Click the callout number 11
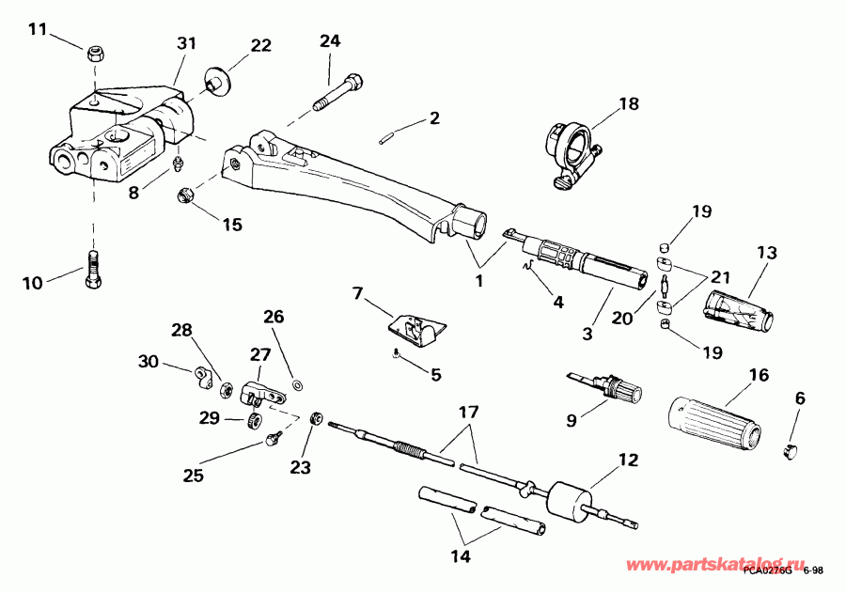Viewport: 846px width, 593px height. [x=37, y=29]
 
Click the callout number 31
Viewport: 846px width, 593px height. [x=186, y=43]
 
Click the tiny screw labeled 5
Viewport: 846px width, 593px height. [x=397, y=353]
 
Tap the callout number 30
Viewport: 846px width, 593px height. [x=148, y=361]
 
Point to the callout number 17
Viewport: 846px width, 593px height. [x=467, y=411]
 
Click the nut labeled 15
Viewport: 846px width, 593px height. [x=185, y=196]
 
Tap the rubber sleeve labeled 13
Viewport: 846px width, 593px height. [x=740, y=311]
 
